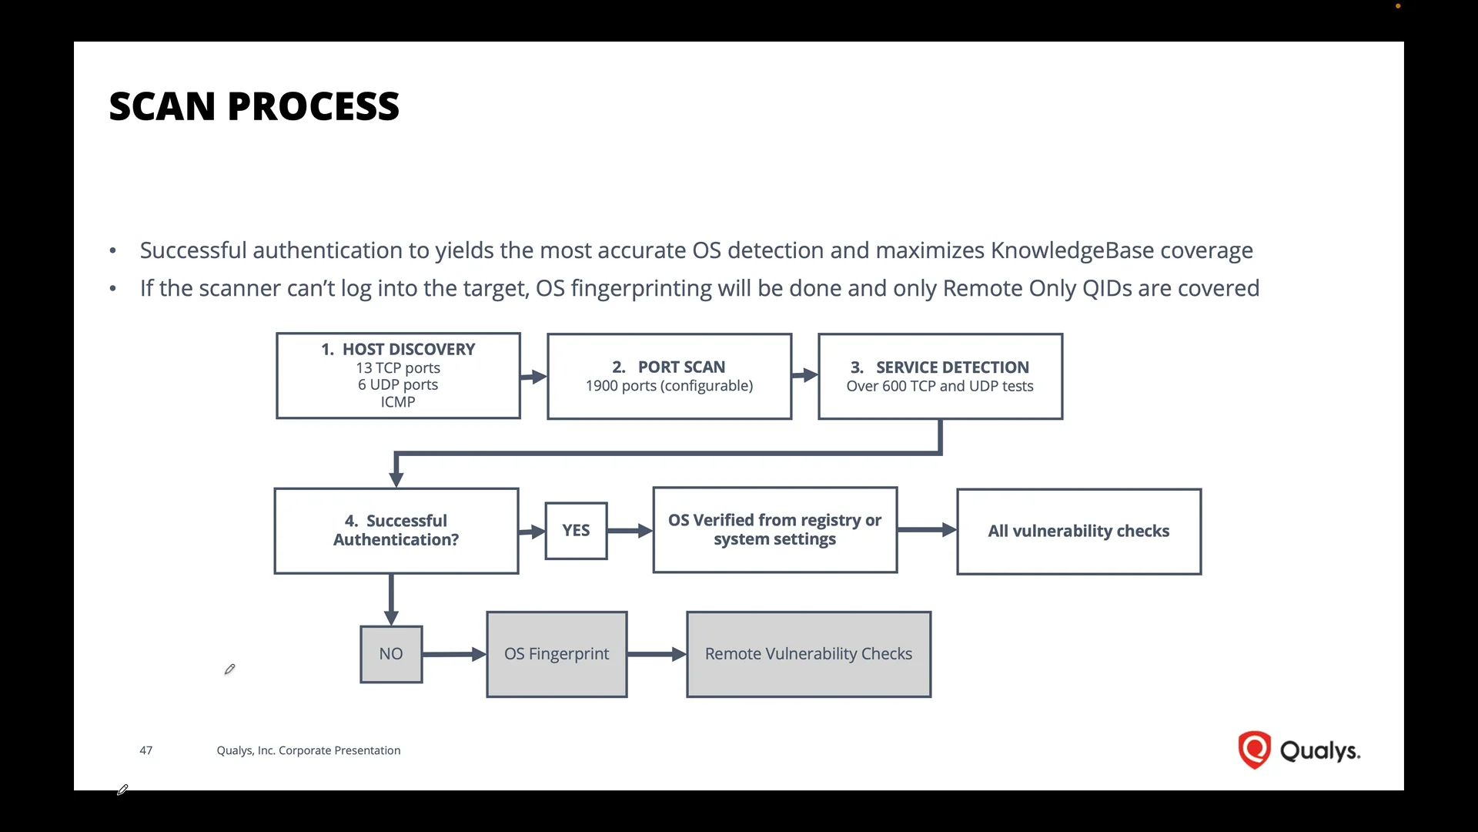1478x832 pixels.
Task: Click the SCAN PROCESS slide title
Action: [x=254, y=106]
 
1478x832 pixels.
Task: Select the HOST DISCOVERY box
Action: [x=398, y=376]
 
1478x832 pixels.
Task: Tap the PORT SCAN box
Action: [x=669, y=376]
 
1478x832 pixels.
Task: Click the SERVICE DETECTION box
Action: [x=940, y=376]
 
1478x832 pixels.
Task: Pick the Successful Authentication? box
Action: [x=396, y=531]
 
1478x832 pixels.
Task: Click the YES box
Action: [x=576, y=531]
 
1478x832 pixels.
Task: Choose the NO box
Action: [x=391, y=654]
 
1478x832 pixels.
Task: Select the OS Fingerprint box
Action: [x=557, y=654]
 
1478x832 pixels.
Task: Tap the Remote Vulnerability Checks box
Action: [x=808, y=654]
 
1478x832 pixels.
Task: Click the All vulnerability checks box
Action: [x=1078, y=532]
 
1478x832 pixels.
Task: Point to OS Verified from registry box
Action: [x=774, y=530]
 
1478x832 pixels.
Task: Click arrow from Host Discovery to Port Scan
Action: [x=533, y=377]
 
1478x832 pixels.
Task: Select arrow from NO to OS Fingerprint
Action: [x=454, y=654]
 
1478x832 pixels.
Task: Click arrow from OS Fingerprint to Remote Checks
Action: [x=657, y=654]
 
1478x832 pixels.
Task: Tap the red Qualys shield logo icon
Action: [x=1254, y=750]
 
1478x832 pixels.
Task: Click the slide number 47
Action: [x=145, y=750]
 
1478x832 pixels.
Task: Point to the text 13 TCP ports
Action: [x=398, y=368]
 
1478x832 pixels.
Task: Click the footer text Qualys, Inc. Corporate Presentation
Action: [x=308, y=750]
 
